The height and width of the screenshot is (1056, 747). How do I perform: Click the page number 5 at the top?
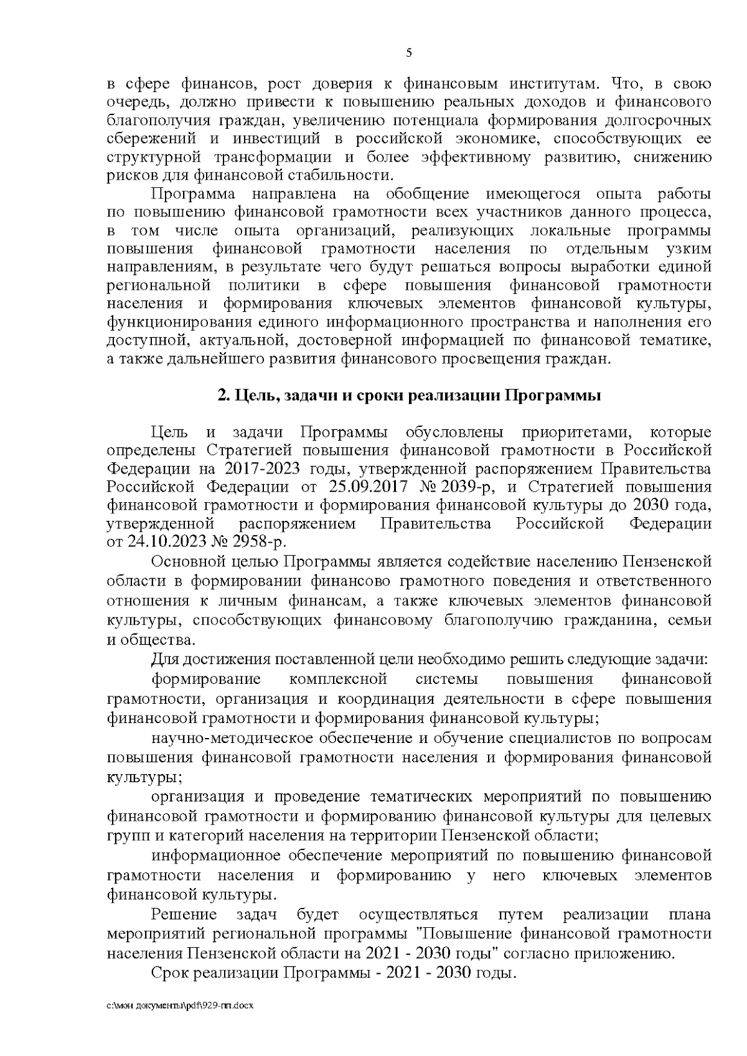coord(408,53)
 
